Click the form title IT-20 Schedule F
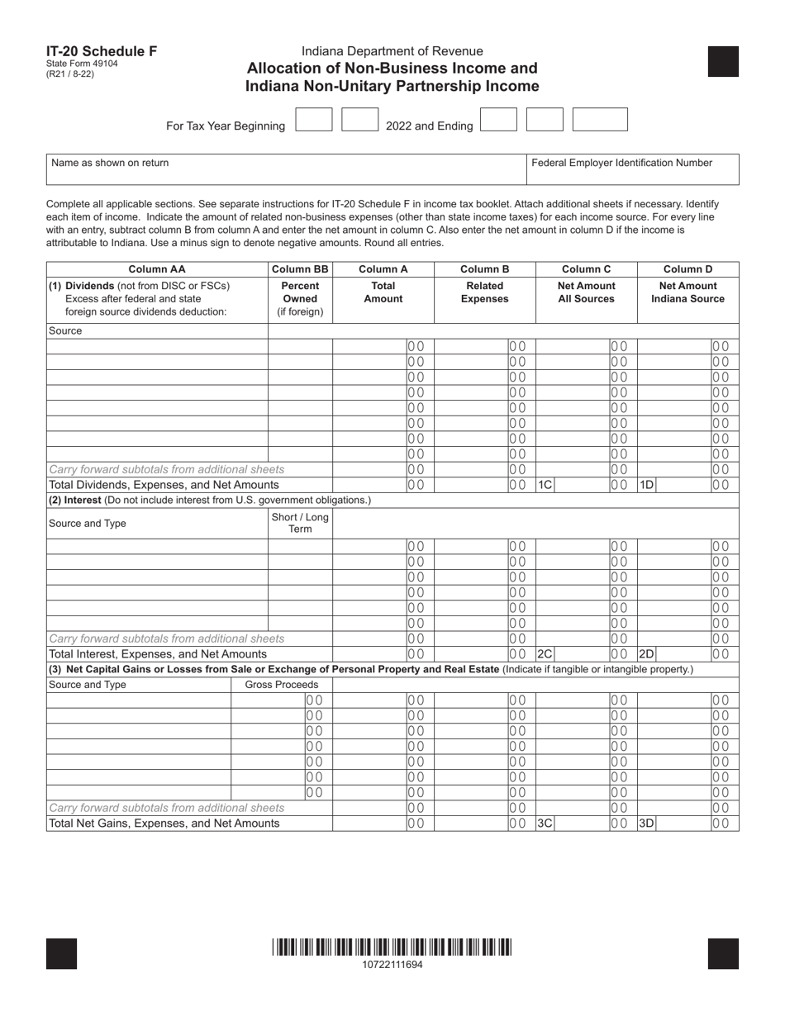coord(102,51)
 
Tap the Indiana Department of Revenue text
coord(392,51)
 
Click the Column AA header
coord(157,269)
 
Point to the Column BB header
coord(300,269)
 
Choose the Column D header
coord(687,269)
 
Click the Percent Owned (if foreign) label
coord(300,299)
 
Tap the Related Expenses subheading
coord(484,292)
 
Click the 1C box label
coord(545,485)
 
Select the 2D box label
coord(646,654)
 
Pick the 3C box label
coord(545,823)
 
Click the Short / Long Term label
coord(300,523)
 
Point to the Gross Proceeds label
coord(282,686)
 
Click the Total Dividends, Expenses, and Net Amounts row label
coord(164,485)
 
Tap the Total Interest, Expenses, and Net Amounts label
coord(158,654)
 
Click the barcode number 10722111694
coord(392,964)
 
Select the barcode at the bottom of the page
coord(392,947)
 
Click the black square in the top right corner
coord(723,62)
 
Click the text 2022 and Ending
coord(430,126)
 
